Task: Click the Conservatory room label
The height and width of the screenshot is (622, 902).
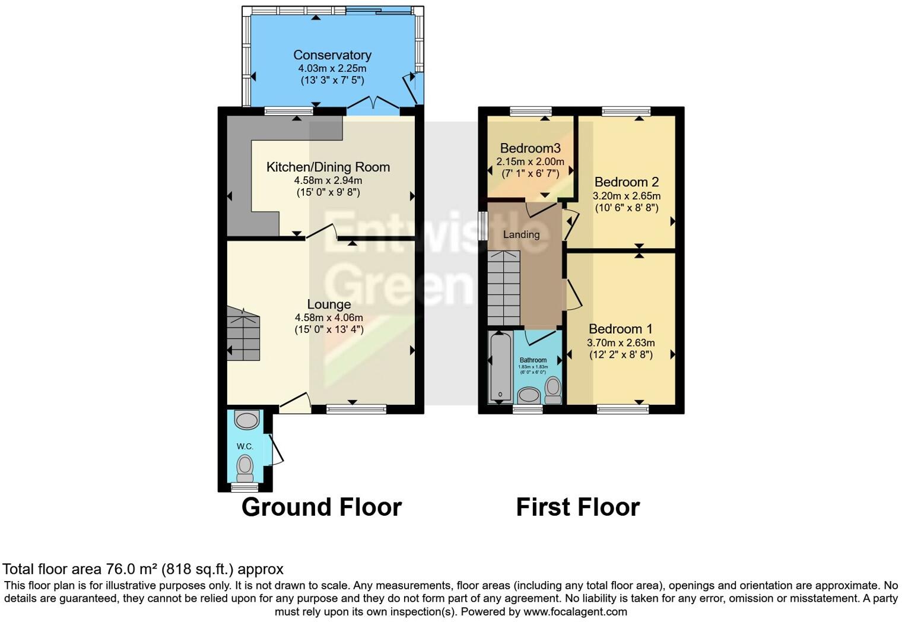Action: [332, 55]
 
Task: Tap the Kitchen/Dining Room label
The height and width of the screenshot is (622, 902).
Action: [328, 167]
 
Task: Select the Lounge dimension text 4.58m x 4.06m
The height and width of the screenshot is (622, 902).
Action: [329, 318]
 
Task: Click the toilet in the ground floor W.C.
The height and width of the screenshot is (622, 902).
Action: [244, 467]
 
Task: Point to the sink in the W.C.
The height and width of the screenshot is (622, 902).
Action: [247, 420]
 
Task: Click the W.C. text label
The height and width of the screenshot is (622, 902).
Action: [244, 446]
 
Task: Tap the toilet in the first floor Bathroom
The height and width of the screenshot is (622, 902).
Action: [553, 389]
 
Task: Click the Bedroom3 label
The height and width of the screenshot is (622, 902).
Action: [530, 148]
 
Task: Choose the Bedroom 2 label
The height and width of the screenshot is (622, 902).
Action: [626, 182]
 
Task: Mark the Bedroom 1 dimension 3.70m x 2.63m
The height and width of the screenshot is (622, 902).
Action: [621, 342]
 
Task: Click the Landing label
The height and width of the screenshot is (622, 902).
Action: [521, 234]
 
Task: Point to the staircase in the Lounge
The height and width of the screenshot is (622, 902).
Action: [243, 335]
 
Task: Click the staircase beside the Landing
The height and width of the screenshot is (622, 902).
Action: [504, 288]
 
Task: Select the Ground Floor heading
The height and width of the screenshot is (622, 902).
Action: [321, 507]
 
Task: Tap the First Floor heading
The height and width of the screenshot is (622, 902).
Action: [577, 507]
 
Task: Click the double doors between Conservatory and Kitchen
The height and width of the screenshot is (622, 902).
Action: [373, 106]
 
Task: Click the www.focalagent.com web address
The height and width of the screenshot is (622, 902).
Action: [574, 611]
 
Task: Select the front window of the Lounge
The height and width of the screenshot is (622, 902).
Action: [356, 408]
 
